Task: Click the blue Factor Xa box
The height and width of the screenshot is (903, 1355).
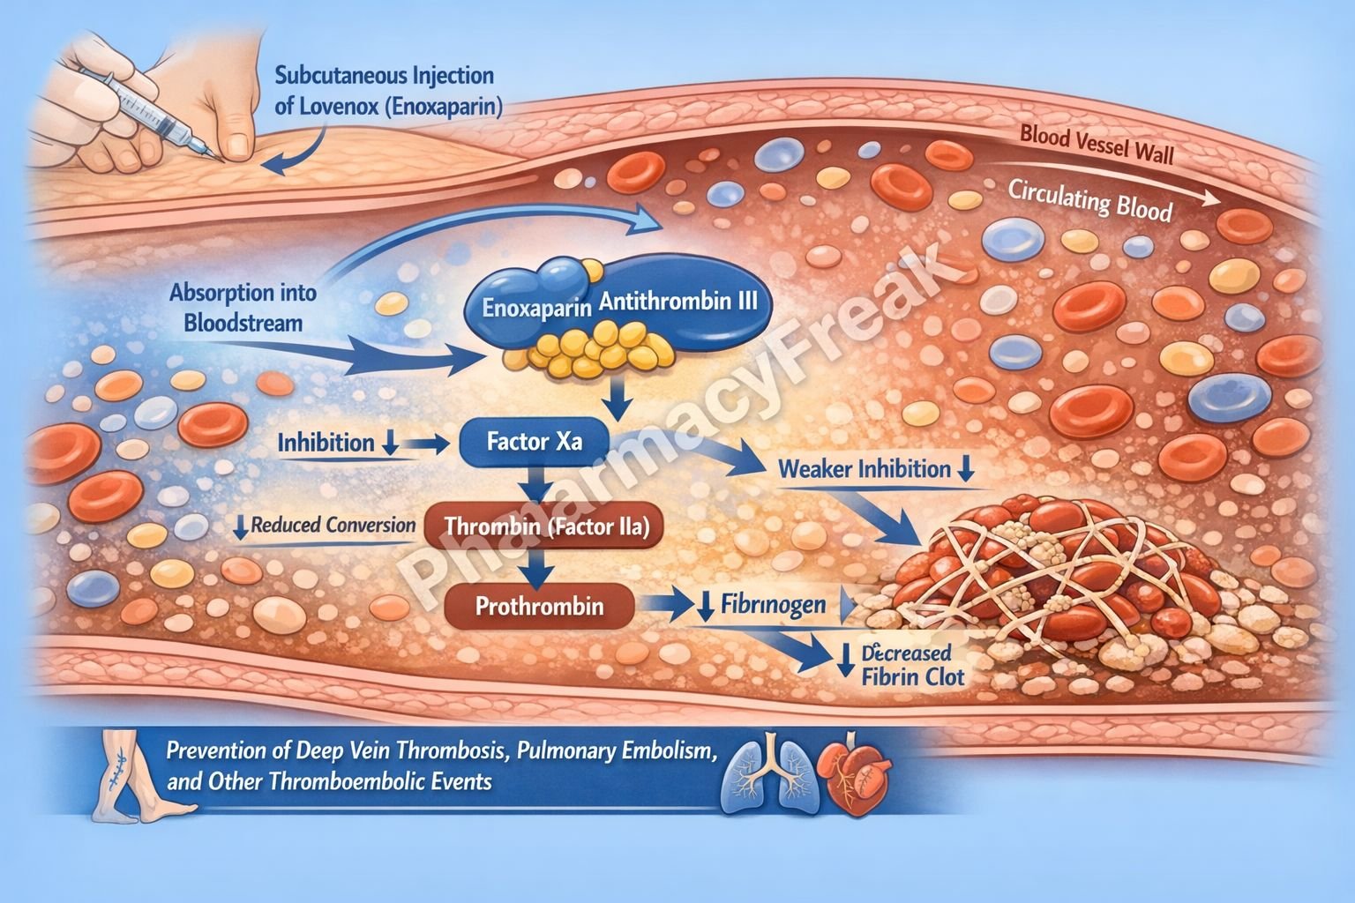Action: point(535,442)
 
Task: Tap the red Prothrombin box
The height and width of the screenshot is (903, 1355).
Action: point(539,606)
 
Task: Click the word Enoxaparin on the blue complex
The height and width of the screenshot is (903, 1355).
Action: point(536,309)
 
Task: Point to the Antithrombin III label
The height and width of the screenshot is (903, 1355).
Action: point(677,301)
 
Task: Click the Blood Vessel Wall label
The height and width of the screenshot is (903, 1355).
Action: point(1097,146)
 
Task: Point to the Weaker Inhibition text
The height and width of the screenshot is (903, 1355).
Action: point(864,468)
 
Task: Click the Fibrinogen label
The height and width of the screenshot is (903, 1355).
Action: point(773,605)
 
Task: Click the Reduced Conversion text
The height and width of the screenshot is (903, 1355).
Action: point(333,526)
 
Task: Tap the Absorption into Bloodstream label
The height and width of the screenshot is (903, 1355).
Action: point(243,307)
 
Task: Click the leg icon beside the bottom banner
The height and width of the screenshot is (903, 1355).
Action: point(124,772)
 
